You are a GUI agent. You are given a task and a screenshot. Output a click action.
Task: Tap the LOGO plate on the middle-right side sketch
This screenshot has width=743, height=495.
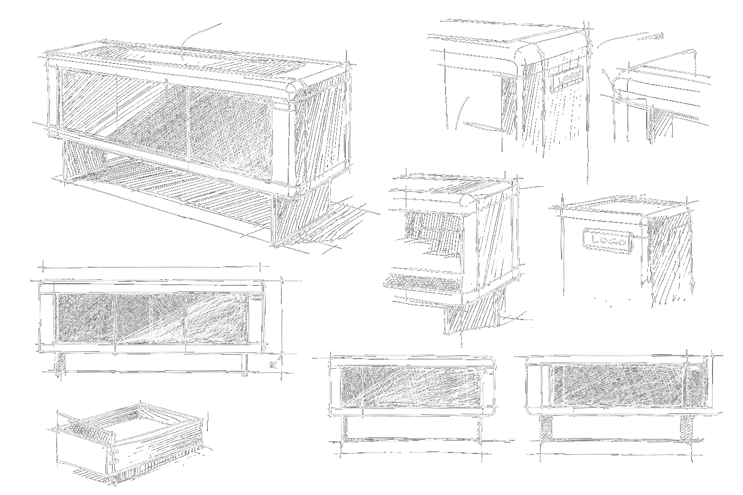[x=608, y=240]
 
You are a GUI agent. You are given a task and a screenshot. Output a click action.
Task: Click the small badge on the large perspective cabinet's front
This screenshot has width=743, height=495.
[x=281, y=105]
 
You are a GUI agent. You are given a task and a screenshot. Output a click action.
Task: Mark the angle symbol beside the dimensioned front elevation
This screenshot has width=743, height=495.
[x=275, y=363]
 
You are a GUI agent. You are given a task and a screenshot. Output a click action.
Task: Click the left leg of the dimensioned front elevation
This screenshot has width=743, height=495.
[x=60, y=363]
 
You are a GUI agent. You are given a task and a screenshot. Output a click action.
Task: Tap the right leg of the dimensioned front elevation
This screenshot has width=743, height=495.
[x=244, y=364]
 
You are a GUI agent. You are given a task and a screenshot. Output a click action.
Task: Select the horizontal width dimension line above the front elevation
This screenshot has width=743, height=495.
[x=152, y=266]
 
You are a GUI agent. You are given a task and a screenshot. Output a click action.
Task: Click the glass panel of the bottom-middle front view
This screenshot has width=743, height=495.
[x=411, y=386]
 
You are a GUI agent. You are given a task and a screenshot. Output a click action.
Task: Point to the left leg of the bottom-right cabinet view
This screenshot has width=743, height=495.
[x=548, y=428]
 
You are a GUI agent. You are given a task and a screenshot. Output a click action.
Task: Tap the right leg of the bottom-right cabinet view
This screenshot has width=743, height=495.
[x=687, y=428]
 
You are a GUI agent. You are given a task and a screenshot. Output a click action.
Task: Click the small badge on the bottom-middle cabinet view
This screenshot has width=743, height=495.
[x=490, y=371]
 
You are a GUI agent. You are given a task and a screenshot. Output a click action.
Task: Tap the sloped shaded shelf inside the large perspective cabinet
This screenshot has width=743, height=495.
[x=160, y=131]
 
